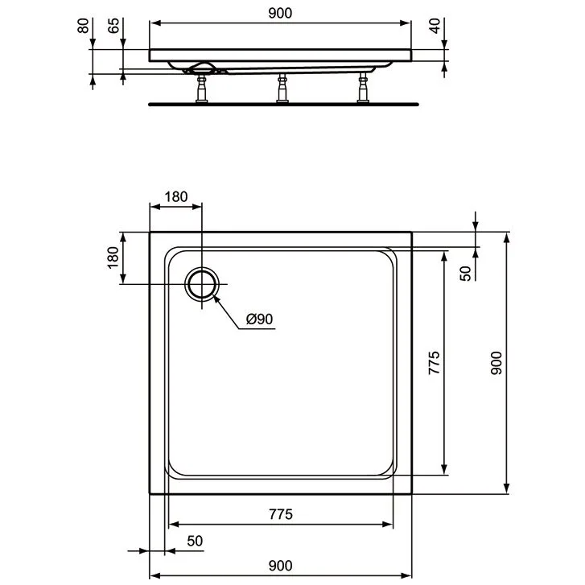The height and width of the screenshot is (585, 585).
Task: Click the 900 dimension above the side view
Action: tap(279, 13)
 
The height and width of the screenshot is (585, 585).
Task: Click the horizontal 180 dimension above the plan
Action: tap(175, 196)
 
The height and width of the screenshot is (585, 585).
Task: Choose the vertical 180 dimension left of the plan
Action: tap(113, 257)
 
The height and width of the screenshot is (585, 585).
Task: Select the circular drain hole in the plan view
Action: tap(201, 284)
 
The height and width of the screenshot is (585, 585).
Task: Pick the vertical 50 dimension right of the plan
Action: tap(465, 273)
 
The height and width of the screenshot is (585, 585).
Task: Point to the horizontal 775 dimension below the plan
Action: tap(279, 514)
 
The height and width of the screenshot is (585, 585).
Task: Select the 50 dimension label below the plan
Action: tap(194, 542)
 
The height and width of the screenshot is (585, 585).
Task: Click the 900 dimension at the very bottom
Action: tap(279, 566)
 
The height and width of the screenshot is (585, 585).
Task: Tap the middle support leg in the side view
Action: tap(282, 89)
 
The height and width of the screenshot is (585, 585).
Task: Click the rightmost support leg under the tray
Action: tap(363, 89)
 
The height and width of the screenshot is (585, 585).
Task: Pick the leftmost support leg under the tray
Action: tap(200, 89)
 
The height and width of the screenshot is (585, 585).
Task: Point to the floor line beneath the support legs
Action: tap(283, 104)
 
